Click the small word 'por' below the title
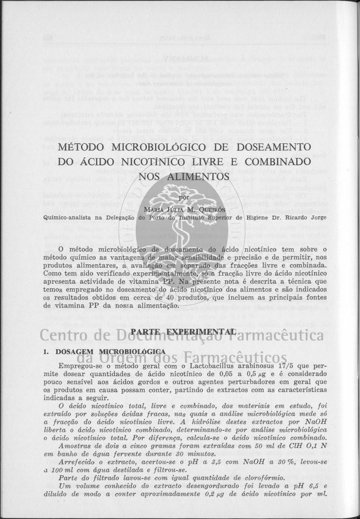point(183,197)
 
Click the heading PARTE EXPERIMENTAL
point(182,331)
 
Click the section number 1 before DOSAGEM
point(46,351)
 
